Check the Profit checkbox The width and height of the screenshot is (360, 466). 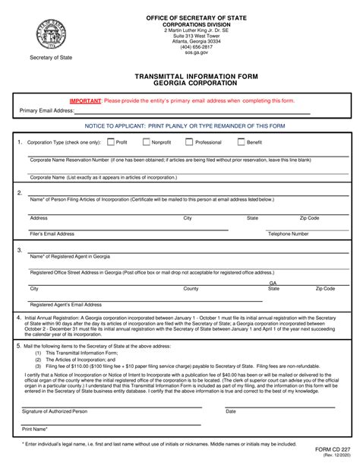pos(111,141)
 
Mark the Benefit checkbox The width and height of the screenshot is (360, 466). pos(241,141)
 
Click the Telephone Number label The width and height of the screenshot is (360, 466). pos(288,234)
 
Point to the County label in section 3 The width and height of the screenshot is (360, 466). pos(191,289)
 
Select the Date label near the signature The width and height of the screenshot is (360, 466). pos(231,411)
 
